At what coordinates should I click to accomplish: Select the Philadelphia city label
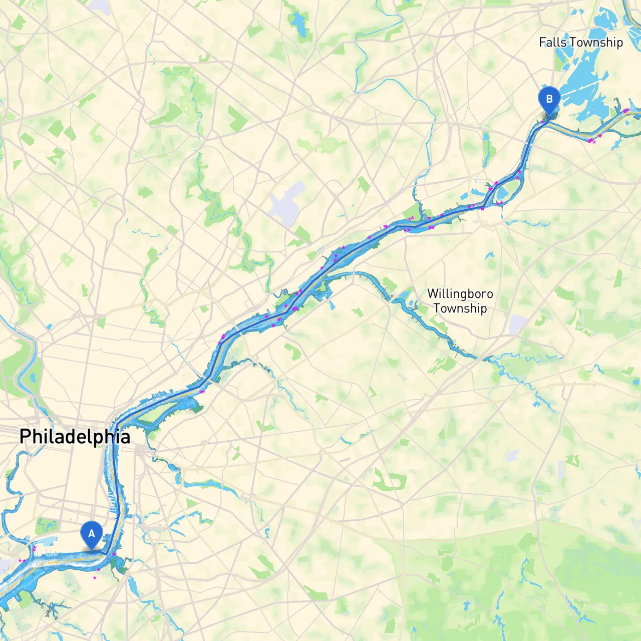(x=75, y=437)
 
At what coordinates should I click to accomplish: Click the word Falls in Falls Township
(x=552, y=43)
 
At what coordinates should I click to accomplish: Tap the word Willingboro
(x=460, y=293)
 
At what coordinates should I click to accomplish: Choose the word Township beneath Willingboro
(x=460, y=308)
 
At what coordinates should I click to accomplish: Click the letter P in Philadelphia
(x=25, y=437)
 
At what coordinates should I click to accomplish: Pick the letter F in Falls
(x=542, y=43)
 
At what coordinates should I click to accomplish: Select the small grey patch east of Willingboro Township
(x=517, y=325)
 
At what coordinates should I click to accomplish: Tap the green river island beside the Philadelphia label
(x=150, y=416)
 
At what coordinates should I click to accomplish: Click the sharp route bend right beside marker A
(x=106, y=553)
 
